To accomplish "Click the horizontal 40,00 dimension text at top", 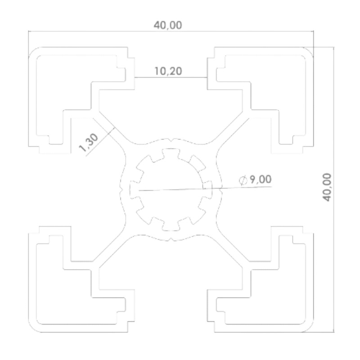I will tap(168, 25).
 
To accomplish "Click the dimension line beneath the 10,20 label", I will tap(171, 77).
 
